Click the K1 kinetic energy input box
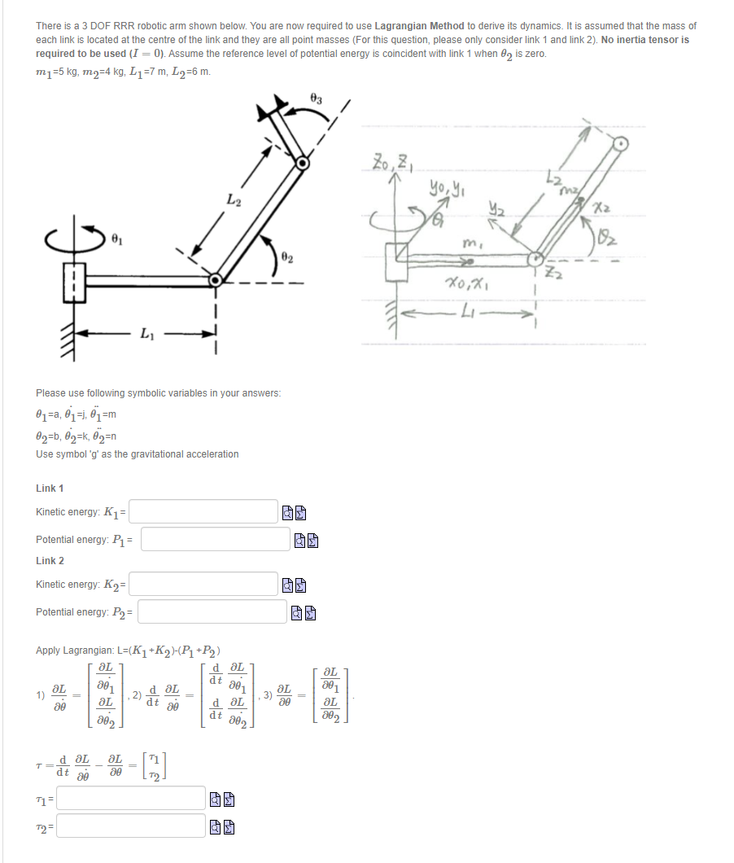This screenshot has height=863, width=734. click(x=203, y=511)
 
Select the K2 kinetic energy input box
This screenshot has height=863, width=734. click(x=203, y=584)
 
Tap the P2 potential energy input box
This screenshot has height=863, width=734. click(x=214, y=611)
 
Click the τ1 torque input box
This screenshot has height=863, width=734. click(x=130, y=798)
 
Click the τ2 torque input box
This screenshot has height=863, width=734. click(x=130, y=826)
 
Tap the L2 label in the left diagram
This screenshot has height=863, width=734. click(x=234, y=199)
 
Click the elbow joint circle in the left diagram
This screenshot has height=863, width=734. click(x=216, y=280)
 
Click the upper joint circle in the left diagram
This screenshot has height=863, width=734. click(x=303, y=163)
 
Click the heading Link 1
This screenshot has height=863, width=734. click(x=50, y=488)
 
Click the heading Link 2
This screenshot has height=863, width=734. click(x=50, y=560)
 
